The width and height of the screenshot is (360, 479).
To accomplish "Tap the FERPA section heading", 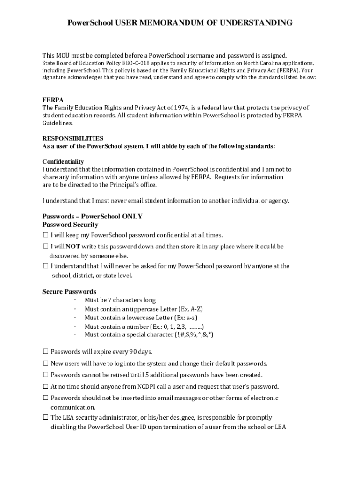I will [x=53, y=100].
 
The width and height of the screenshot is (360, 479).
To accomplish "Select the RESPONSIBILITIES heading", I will [x=73, y=138].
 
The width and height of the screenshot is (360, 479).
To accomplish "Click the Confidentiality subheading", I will [x=63, y=161].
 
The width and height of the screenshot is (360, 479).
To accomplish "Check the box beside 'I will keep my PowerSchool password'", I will [x=46, y=235].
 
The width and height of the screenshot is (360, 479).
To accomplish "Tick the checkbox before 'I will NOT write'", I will [x=46, y=246].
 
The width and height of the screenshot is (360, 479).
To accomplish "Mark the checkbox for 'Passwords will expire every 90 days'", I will [x=46, y=351].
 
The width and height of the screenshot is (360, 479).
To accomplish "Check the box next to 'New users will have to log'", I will [x=46, y=363].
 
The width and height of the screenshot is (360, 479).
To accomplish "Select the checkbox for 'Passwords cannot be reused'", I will [x=46, y=375].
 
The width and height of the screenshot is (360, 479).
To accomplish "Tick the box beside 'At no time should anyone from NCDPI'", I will [x=46, y=386].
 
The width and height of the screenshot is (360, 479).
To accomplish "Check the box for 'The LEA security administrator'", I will [x=46, y=417].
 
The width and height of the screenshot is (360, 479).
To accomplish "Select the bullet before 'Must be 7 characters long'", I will [x=75, y=300].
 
